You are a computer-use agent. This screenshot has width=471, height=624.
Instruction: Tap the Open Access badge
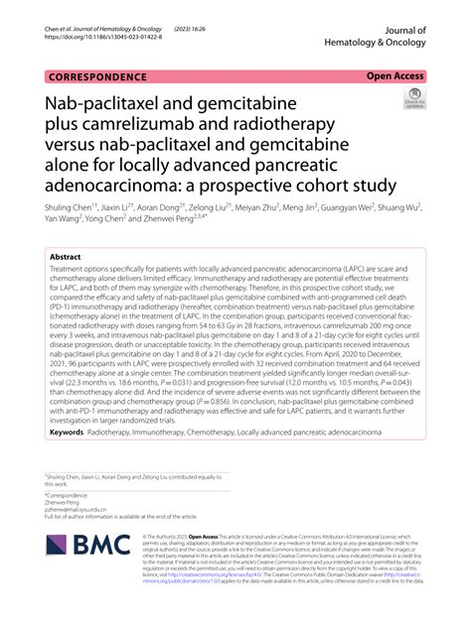tap(395, 75)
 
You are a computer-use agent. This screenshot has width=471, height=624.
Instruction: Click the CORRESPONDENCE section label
tap(96, 76)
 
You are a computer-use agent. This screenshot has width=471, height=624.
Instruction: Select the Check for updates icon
tap(412, 97)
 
